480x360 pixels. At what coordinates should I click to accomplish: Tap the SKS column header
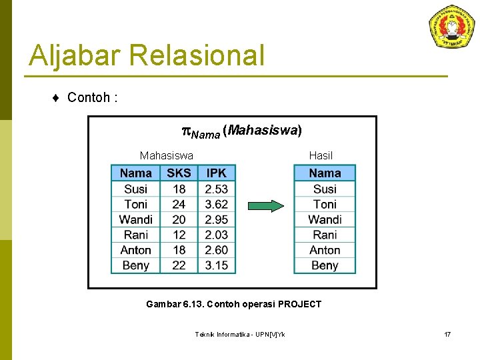click(179, 173)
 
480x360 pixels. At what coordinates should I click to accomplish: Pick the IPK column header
click(216, 173)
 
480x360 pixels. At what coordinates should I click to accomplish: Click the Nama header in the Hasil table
click(325, 173)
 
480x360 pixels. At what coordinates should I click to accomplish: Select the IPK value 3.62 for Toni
click(216, 204)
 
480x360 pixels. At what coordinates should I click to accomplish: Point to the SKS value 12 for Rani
click(179, 235)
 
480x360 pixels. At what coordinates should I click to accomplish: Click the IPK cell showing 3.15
click(216, 265)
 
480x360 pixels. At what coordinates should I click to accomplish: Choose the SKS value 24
click(179, 204)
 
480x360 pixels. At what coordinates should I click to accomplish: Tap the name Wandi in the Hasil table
click(325, 219)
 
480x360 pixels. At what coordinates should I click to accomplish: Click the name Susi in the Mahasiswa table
click(135, 189)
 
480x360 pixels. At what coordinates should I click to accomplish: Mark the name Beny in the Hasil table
click(325, 265)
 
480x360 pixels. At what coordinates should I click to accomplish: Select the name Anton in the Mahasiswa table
click(135, 250)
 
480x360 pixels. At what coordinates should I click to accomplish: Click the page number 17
click(447, 334)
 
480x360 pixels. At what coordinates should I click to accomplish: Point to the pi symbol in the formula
click(186, 131)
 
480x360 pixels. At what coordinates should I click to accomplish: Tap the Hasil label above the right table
click(321, 156)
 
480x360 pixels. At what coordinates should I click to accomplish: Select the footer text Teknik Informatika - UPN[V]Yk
click(239, 334)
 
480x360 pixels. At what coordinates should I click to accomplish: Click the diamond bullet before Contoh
click(56, 98)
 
